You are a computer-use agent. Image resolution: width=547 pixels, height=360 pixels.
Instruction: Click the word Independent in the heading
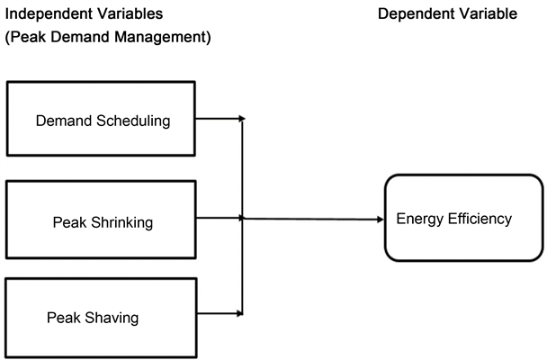click(x=45, y=14)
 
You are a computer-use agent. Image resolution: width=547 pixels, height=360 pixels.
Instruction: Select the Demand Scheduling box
click(x=101, y=119)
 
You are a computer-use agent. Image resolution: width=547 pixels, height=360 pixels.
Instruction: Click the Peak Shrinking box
click(x=101, y=218)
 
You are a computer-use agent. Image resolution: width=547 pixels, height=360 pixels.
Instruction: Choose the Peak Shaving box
click(x=101, y=316)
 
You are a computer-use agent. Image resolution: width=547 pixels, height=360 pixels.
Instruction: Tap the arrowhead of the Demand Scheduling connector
click(x=240, y=118)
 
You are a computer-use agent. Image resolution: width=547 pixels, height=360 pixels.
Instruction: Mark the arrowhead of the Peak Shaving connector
click(x=240, y=313)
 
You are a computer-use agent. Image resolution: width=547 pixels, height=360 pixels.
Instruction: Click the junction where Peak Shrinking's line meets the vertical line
click(x=242, y=218)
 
